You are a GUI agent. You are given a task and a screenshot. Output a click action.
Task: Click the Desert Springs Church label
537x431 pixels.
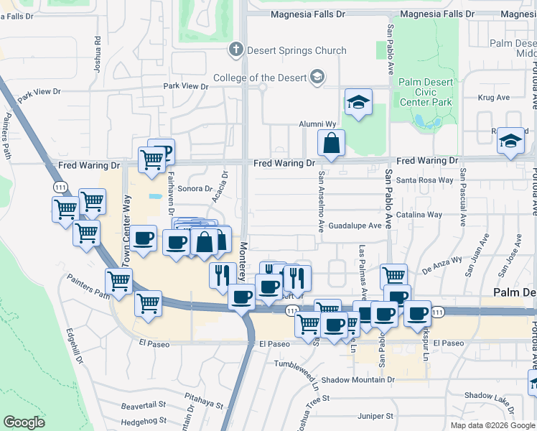tap(296, 50)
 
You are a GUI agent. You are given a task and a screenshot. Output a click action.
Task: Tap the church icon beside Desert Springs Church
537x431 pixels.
tap(234, 50)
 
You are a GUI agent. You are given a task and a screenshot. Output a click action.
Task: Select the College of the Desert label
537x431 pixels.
tap(260, 78)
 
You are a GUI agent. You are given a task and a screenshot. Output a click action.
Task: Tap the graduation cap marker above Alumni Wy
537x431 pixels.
tap(358, 103)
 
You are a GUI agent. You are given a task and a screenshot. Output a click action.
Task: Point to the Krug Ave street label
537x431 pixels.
tap(493, 98)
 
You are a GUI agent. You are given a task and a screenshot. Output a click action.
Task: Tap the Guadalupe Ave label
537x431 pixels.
tap(355, 226)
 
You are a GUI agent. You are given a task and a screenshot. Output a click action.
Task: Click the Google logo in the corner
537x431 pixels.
tap(24, 422)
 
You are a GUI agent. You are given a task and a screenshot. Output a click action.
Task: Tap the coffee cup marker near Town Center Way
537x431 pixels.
tap(144, 238)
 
